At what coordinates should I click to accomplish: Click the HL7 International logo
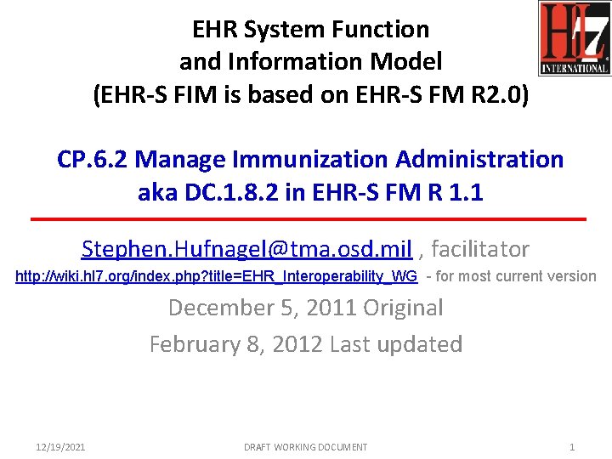[574, 39]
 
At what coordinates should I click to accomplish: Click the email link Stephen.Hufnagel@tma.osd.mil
[246, 249]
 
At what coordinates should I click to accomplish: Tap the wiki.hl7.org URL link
[217, 276]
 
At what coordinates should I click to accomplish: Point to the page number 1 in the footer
[572, 447]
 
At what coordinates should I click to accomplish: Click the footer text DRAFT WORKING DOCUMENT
[306, 447]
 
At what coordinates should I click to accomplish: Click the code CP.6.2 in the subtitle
[93, 159]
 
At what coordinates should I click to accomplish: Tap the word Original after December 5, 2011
[403, 308]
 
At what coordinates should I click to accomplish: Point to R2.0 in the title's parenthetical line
[501, 94]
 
